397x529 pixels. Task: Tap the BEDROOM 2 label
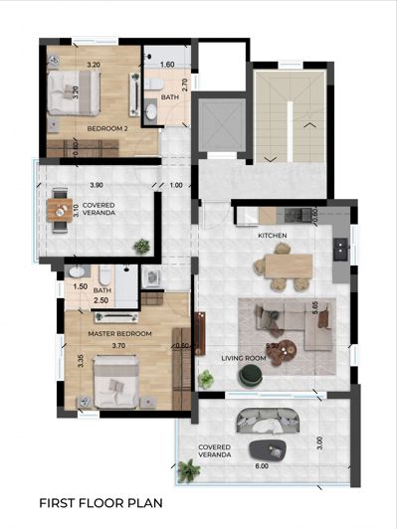107,129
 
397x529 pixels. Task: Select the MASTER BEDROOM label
119,334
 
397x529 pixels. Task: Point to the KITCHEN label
273,236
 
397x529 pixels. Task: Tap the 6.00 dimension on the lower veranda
261,465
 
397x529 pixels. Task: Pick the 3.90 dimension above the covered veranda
96,186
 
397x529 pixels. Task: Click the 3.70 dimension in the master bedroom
119,346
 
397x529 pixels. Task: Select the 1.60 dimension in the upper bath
168,64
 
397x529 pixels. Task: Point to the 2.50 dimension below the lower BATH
100,300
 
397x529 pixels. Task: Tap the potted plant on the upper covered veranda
142,245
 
